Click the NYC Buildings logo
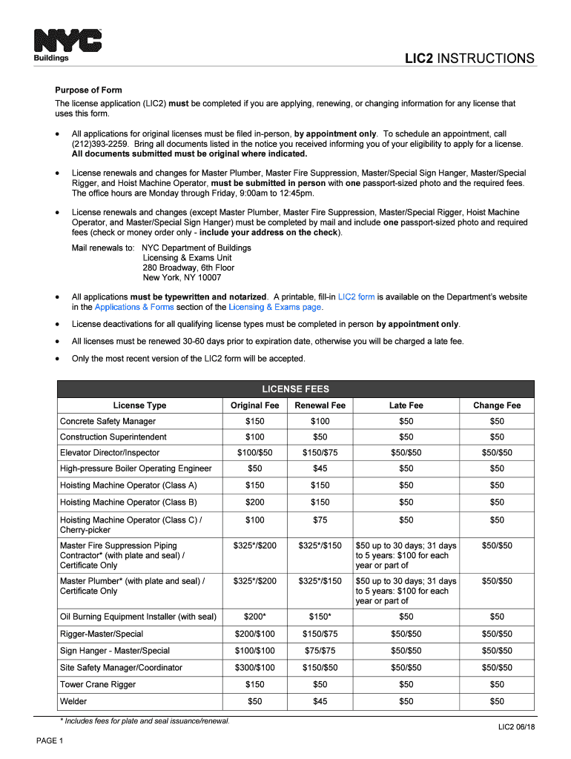pos(67,45)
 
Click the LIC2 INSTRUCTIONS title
pos(469,59)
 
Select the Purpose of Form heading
pos(88,90)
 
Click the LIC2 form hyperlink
pos(356,296)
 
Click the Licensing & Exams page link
pos(275,307)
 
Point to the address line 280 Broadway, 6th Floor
pos(188,268)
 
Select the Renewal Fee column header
pos(320,405)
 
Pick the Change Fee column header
pos(497,405)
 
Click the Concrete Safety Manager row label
pos(108,421)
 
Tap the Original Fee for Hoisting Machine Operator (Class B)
pos(254,503)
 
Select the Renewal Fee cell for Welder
pos(320,701)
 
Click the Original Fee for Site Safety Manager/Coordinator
pos(254,668)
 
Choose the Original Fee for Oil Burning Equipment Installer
pos(254,617)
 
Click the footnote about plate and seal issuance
pos(145,721)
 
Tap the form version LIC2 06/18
pos(516,727)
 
